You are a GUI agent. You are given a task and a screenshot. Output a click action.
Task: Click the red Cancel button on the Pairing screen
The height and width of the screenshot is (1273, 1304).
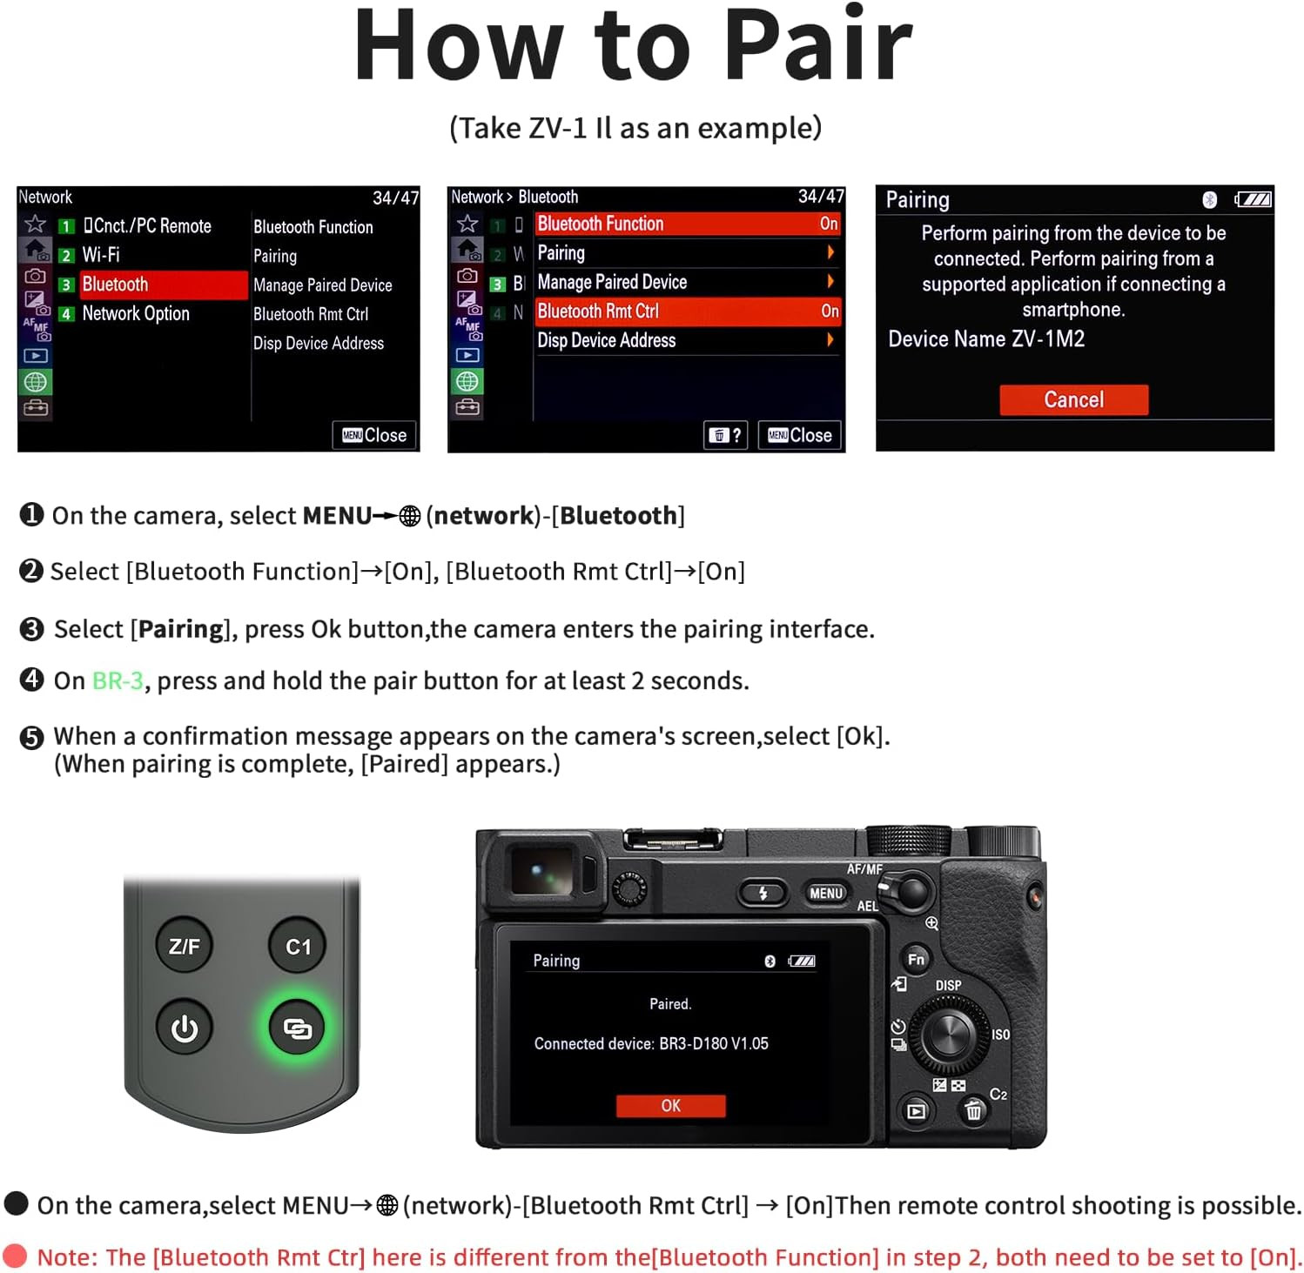tap(1073, 399)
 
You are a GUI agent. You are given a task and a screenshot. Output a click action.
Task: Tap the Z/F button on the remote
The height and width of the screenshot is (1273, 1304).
tap(185, 946)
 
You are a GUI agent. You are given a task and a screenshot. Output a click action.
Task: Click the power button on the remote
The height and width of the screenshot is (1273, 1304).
tap(185, 1028)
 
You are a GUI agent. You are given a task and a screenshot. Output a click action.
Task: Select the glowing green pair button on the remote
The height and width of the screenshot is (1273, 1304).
tap(297, 1028)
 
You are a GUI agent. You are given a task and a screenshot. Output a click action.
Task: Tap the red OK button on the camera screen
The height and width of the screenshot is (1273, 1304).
tap(670, 1105)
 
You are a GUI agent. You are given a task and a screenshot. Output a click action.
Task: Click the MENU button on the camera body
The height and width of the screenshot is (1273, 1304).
tap(825, 893)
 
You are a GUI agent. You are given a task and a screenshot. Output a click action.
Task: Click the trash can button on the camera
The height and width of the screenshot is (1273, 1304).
tap(973, 1110)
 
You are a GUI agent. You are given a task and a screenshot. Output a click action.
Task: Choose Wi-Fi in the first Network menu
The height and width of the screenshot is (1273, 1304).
tap(101, 255)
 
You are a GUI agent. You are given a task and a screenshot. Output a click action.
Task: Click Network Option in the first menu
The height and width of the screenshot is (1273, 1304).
tap(136, 313)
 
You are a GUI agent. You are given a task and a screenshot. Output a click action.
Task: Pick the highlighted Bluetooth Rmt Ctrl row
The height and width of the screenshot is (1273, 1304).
tap(687, 312)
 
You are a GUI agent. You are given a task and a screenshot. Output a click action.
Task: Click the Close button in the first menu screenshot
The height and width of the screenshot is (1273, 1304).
tap(374, 435)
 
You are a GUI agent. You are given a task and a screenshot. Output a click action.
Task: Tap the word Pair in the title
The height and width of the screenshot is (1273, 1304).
tap(817, 45)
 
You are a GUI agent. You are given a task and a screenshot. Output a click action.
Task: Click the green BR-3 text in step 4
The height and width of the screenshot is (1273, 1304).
tap(118, 680)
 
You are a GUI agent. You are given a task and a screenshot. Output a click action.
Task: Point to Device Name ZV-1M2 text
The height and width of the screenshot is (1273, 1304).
tap(986, 338)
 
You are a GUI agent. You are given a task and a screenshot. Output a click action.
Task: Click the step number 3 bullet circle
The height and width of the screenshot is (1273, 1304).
tap(31, 629)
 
